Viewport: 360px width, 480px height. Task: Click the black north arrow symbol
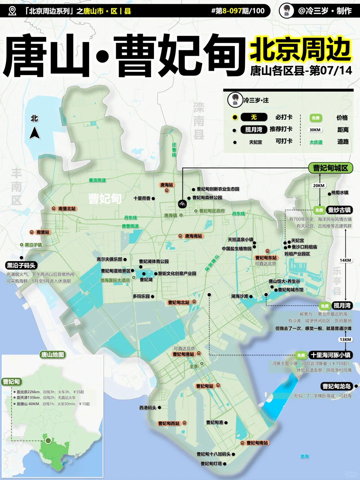[35, 133]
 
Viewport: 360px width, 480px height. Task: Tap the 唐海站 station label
[167, 185]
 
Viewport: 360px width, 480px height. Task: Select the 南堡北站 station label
[67, 209]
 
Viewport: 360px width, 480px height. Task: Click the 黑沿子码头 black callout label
[21, 265]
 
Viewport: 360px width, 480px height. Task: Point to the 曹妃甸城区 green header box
[330, 168]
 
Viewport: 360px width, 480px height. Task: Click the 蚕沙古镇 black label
[339, 210]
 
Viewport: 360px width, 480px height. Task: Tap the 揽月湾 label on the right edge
[342, 305]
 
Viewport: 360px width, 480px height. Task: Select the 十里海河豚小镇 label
[330, 355]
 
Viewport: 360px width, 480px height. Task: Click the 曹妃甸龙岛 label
[336, 386]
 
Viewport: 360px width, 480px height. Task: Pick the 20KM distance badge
[319, 186]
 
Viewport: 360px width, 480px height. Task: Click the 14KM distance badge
[345, 260]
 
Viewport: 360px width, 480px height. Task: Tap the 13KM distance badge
[345, 339]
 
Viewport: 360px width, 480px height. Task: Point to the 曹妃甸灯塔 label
[211, 464]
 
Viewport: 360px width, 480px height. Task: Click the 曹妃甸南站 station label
[257, 443]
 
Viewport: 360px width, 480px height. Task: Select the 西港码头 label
[148, 408]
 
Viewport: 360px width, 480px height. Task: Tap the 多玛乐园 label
[141, 296]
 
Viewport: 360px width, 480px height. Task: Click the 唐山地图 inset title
[52, 355]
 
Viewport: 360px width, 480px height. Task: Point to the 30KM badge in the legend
[315, 130]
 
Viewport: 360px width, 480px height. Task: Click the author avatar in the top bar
[286, 11]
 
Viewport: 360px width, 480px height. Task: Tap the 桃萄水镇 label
[340, 193]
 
